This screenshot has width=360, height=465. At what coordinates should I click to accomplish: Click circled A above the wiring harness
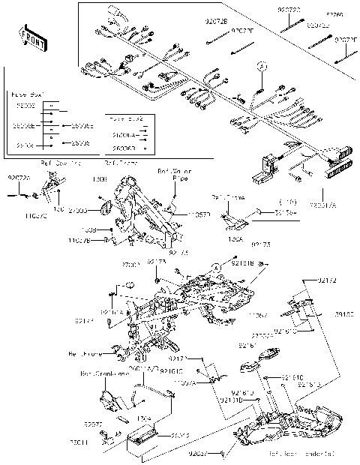coord(262,67)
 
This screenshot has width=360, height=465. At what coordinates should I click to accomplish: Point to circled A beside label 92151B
coord(215,265)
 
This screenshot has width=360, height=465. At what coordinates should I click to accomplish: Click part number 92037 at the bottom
coord(199,454)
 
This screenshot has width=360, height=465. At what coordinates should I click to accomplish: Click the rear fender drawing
coord(292,424)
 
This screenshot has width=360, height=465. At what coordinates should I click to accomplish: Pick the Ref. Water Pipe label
coord(172,175)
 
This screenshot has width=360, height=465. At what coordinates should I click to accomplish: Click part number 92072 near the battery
coord(92,424)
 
